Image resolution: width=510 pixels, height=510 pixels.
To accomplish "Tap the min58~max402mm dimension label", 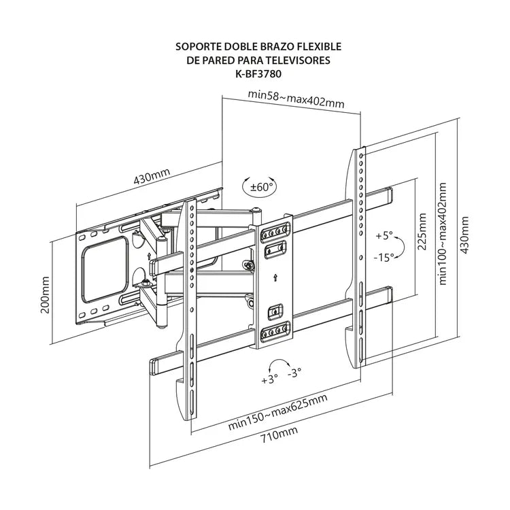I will [x=295, y=102].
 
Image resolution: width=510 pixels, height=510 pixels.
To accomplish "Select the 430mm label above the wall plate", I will [x=151, y=179].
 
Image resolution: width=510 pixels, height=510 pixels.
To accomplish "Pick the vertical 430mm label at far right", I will [x=464, y=235].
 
